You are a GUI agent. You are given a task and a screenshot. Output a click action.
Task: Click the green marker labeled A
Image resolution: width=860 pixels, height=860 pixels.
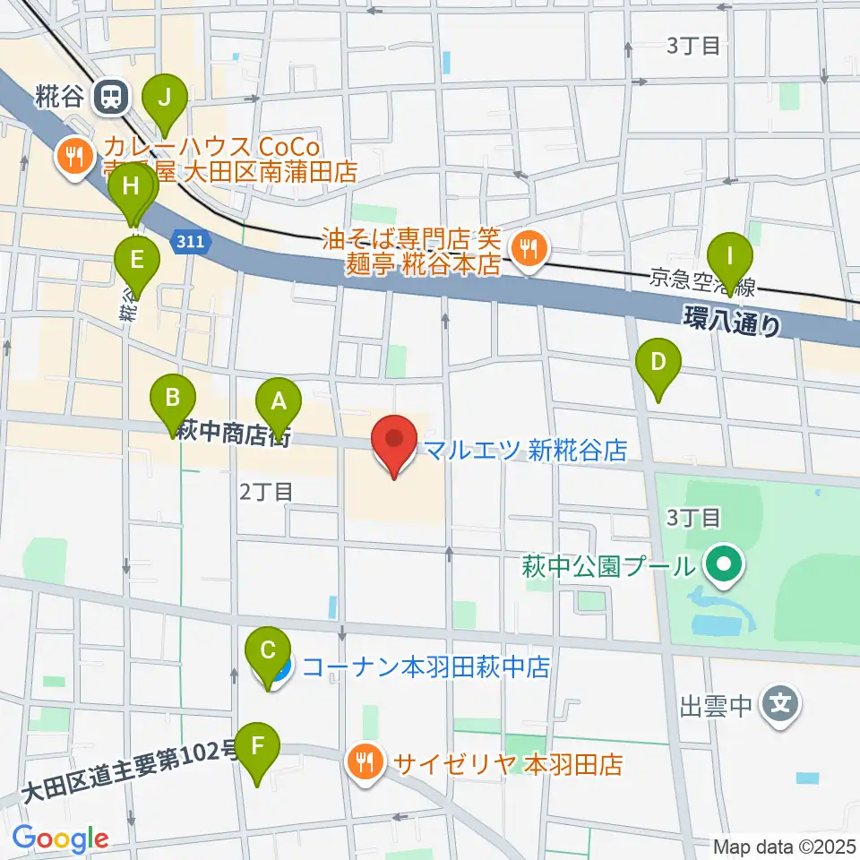[x=279, y=400]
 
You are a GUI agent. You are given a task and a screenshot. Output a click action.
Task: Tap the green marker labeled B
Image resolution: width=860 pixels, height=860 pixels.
[x=173, y=395]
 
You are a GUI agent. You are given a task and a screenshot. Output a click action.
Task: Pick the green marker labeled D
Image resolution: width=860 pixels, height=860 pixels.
[x=658, y=363]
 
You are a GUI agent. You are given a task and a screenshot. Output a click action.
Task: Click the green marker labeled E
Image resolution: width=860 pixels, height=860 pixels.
[x=136, y=260]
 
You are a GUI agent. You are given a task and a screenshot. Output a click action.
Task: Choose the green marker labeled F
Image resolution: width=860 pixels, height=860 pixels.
[x=258, y=745]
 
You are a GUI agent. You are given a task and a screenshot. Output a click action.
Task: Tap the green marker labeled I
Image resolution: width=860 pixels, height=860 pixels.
[x=731, y=255]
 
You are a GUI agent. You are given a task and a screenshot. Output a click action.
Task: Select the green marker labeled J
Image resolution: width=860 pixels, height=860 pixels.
[x=164, y=99]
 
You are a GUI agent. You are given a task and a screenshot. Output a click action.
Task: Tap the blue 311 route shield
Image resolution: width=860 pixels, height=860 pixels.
[x=190, y=242]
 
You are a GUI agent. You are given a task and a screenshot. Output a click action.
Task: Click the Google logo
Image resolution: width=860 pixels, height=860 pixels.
[x=60, y=838]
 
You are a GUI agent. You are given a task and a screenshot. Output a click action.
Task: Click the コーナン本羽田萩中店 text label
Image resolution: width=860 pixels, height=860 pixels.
[x=425, y=666]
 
